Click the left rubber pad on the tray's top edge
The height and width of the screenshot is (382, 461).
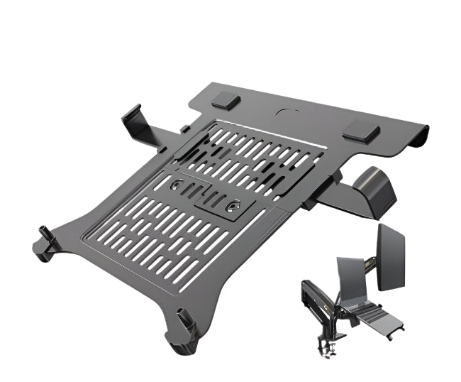(225, 101)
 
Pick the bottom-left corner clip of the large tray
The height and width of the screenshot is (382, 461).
(47, 241)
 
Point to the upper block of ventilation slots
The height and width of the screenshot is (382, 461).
(255, 160)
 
